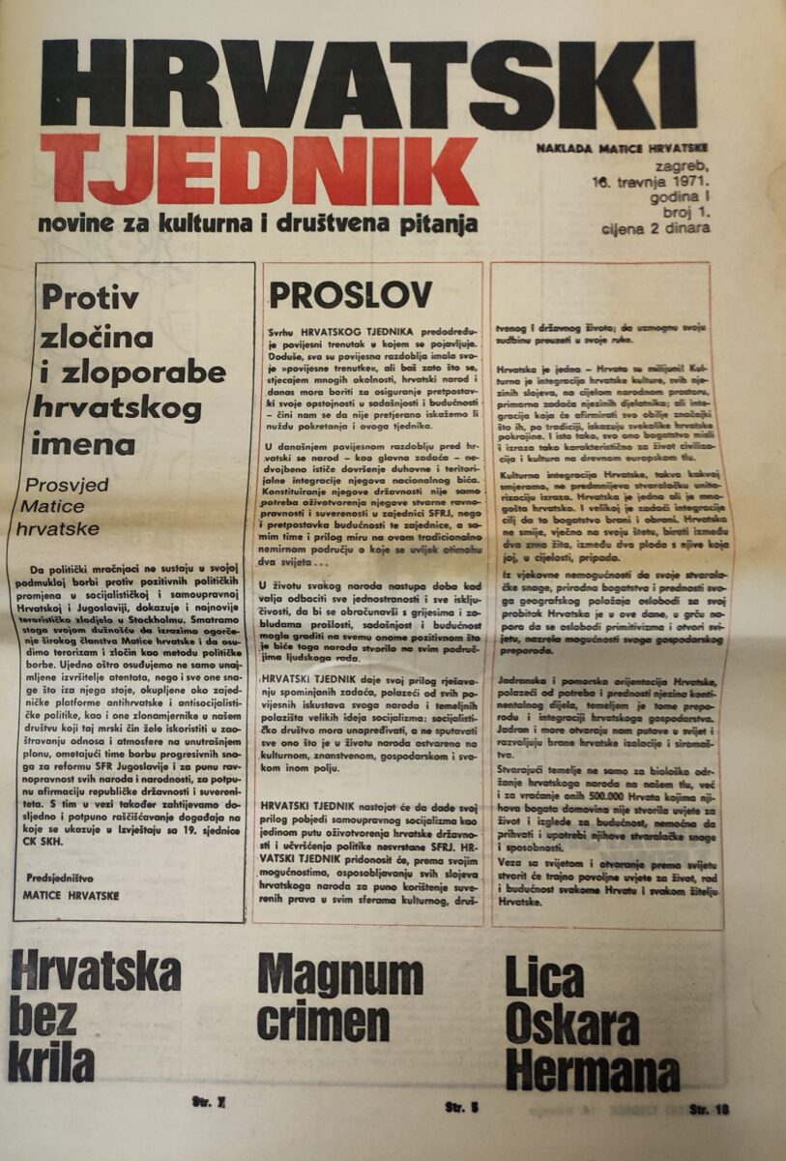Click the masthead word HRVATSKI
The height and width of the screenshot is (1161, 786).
367,85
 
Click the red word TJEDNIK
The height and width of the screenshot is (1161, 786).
258,170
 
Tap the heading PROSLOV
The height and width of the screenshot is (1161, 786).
350,294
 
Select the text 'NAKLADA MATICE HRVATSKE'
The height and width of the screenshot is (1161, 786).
623,148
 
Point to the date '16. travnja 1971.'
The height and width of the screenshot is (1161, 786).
653,181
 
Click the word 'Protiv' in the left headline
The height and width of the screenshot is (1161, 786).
90,298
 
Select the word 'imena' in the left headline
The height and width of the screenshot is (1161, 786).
84,445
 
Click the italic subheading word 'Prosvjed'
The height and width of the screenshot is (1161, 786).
67,483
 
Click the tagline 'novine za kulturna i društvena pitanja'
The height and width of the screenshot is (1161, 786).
257,225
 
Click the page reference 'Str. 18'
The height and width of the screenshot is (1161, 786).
708,1110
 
